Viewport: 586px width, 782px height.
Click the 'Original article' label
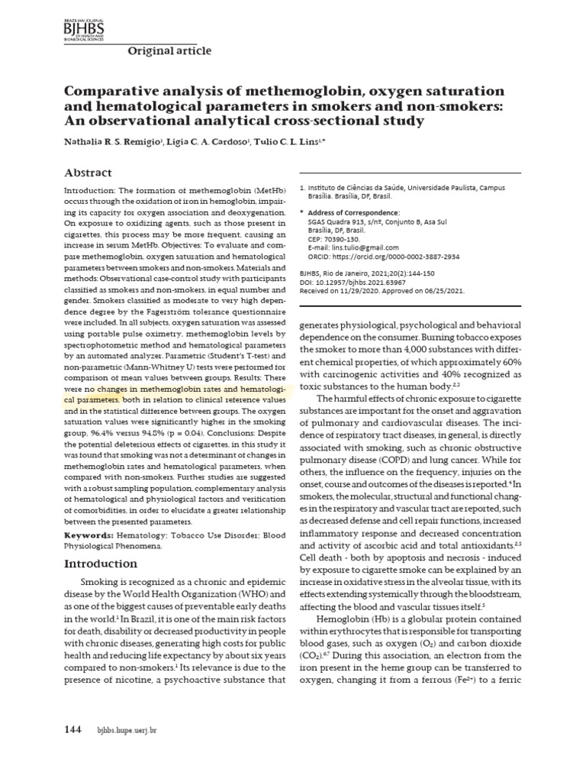(x=168, y=51)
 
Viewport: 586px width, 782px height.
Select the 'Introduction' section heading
(x=101, y=564)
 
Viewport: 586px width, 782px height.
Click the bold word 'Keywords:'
(x=89, y=535)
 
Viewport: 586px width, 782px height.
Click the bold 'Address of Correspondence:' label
(x=353, y=212)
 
